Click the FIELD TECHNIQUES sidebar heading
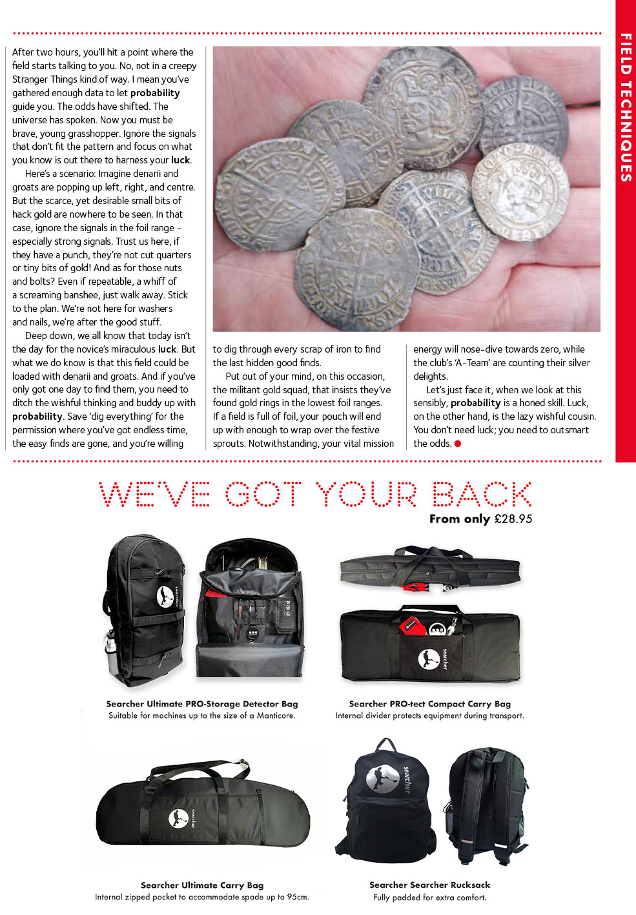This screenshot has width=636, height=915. [626, 107]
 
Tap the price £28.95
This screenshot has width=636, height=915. [513, 519]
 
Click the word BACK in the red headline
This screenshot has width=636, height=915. [482, 495]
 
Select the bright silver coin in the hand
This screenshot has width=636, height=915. [520, 191]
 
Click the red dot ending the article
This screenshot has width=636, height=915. [458, 444]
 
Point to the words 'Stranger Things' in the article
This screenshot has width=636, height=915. [43, 79]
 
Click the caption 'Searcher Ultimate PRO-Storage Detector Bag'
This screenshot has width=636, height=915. [202, 704]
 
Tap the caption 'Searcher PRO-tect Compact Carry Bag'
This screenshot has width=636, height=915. [429, 704]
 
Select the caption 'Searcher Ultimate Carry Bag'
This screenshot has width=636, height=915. [202, 885]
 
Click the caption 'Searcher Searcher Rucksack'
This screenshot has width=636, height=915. [429, 885]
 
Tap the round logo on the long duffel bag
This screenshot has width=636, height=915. [178, 819]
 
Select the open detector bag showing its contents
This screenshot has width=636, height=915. [250, 607]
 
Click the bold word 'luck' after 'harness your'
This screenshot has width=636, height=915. [180, 160]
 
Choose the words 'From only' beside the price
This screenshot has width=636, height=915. [459, 519]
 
